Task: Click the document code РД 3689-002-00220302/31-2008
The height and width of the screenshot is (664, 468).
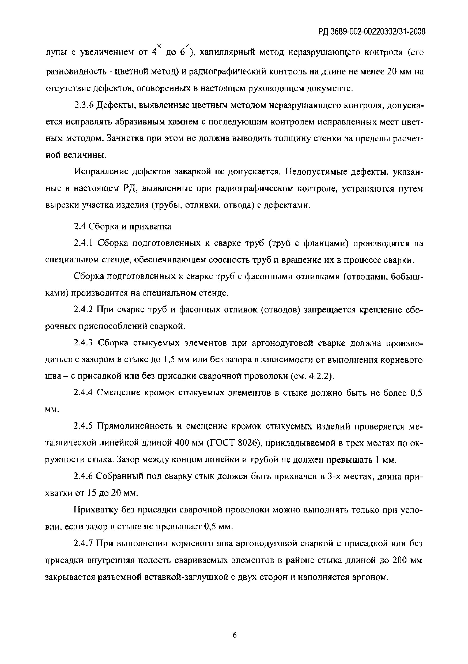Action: pos(371,31)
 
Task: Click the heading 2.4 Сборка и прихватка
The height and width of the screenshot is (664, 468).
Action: pos(122,227)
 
